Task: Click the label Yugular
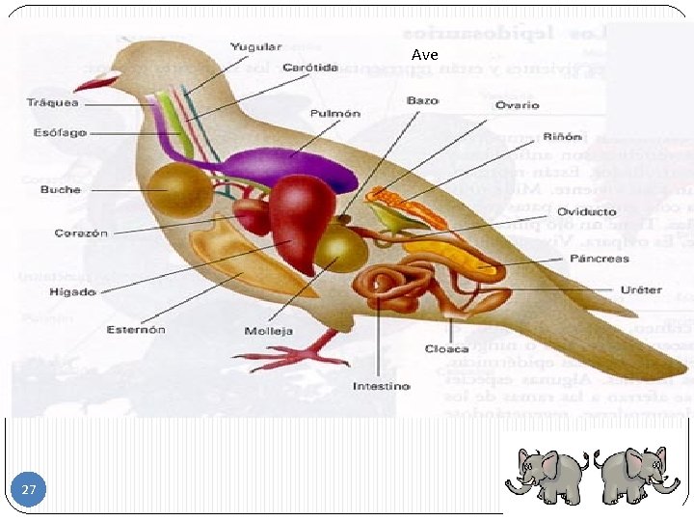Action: tap(255, 46)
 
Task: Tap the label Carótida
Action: tap(310, 68)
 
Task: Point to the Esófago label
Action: tap(60, 132)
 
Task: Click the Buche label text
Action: tap(61, 189)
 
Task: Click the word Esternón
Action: tap(136, 329)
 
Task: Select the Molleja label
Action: tap(269, 331)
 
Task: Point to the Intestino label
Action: tap(381, 386)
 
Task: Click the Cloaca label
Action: tap(447, 348)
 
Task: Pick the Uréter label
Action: tap(642, 289)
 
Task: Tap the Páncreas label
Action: tap(600, 259)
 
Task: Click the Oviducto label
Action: tap(586, 211)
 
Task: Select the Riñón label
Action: tap(563, 136)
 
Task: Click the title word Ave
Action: tap(424, 55)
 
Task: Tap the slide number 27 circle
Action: tap(29, 490)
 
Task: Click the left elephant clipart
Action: tap(548, 474)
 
